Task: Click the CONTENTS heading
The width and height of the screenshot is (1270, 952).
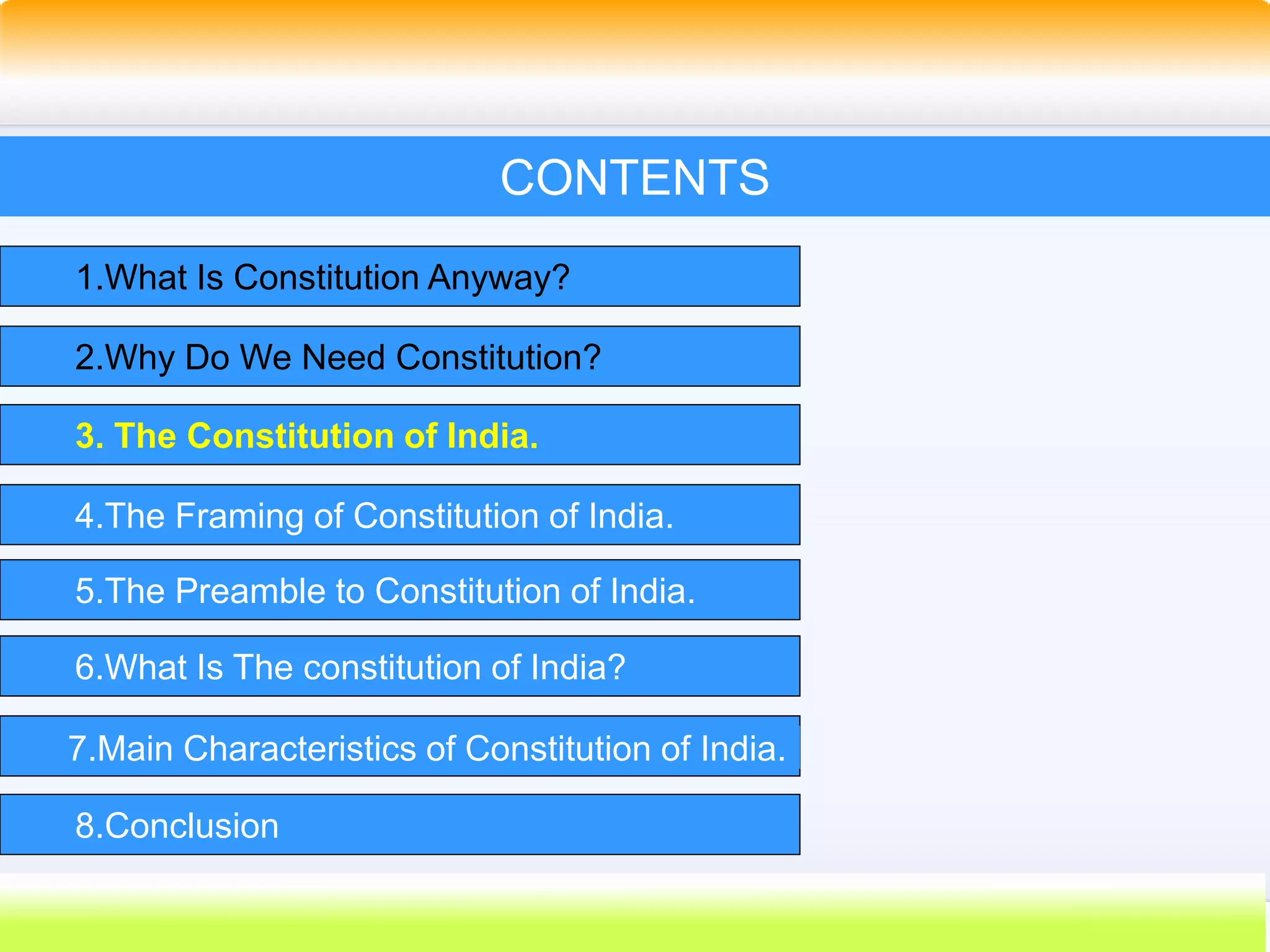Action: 634,178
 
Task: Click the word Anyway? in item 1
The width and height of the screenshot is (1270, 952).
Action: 498,277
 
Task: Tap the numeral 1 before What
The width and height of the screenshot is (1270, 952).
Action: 85,277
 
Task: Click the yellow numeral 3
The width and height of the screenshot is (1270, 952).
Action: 86,436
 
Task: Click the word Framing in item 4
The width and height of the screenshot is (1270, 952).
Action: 239,516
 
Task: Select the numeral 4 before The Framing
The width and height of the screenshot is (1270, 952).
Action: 85,516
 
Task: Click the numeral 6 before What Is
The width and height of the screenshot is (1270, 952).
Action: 85,668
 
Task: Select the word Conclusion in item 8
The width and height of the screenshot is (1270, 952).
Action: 192,826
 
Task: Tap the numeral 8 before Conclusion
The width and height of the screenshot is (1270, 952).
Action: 85,826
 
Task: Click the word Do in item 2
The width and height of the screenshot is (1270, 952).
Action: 206,358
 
